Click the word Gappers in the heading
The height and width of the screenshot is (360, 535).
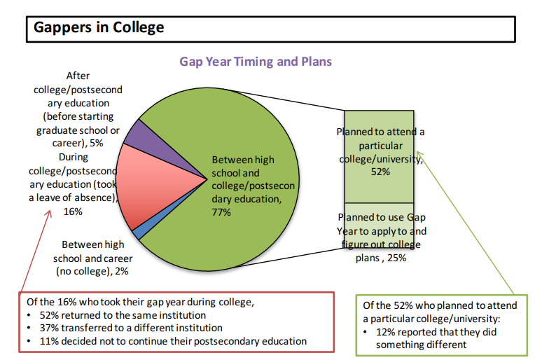(63, 28)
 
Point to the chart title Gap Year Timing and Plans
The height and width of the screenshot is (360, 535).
(256, 62)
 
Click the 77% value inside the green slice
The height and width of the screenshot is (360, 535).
(221, 212)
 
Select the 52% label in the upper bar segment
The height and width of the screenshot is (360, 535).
(380, 172)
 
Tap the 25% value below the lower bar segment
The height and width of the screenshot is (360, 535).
(397, 258)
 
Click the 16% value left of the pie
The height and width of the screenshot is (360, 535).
(73, 212)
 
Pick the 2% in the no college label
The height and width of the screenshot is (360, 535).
(121, 271)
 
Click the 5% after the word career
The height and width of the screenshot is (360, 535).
(96, 143)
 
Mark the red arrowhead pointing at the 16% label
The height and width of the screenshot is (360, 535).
(49, 214)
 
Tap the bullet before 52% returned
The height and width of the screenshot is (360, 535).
(29, 315)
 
